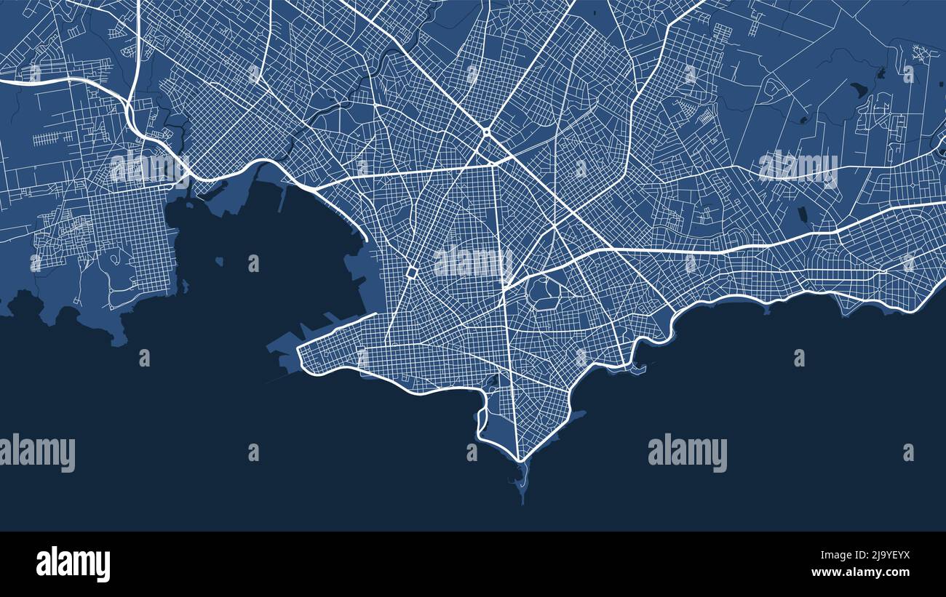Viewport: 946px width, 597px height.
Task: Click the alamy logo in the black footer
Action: (73, 564)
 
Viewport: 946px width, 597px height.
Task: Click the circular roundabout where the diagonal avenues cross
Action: (485, 132)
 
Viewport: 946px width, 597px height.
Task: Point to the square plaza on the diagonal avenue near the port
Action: (411, 272)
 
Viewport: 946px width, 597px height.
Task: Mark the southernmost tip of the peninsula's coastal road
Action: (519, 460)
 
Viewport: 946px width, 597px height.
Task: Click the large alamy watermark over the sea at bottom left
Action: (37, 452)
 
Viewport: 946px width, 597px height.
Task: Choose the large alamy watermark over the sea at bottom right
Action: (687, 452)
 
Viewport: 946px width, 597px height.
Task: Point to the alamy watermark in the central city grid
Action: (472, 263)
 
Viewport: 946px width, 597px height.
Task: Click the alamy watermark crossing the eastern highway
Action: (798, 167)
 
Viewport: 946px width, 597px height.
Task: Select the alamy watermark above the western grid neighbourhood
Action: (149, 168)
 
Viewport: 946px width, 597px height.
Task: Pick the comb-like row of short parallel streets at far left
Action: (53, 137)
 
